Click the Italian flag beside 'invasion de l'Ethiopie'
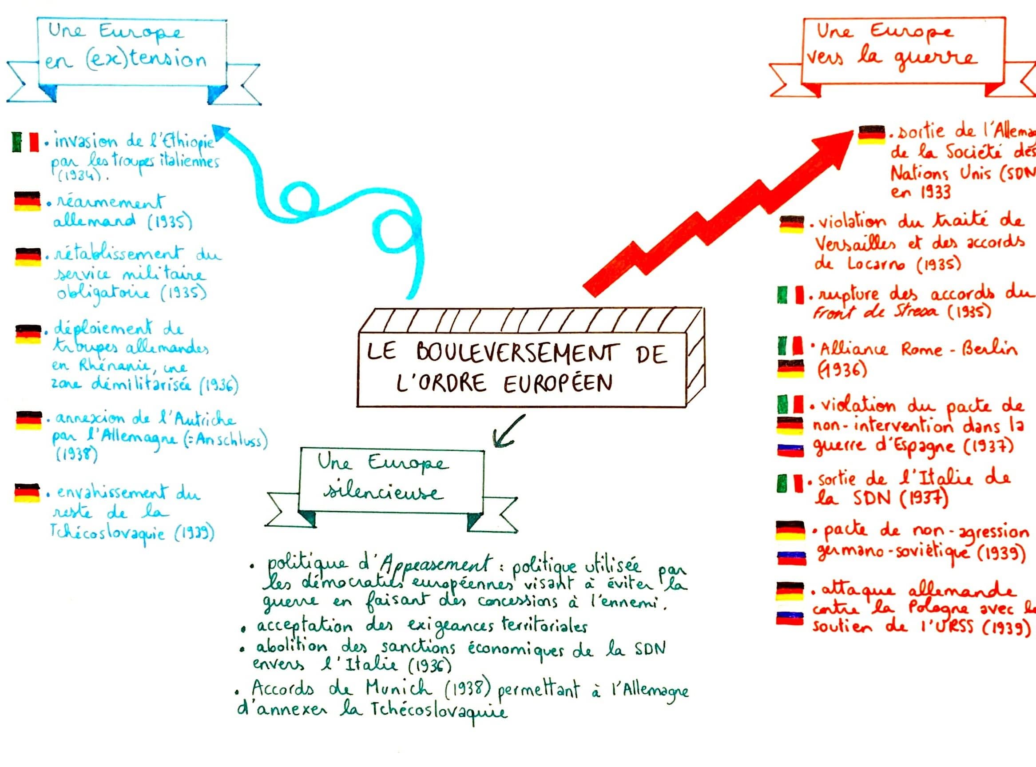pos(25,142)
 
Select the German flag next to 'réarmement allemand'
pos(28,201)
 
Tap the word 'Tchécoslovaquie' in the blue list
pos(107,532)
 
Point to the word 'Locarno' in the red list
pos(875,264)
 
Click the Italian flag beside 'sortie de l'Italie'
pos(790,483)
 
